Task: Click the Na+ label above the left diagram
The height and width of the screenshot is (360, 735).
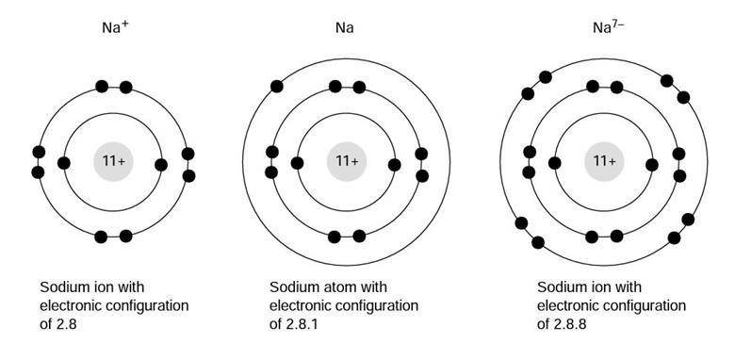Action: [x=116, y=27]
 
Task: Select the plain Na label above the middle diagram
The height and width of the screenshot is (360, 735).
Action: [x=345, y=28]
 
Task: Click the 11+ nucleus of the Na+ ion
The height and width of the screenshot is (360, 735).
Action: [x=113, y=162]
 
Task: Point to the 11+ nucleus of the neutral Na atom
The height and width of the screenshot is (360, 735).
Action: [x=346, y=162]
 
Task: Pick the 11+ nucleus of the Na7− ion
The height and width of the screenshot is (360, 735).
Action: [x=604, y=162]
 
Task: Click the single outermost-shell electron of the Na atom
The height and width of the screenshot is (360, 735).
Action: [x=277, y=87]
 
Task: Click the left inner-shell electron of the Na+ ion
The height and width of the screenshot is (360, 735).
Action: [x=64, y=163]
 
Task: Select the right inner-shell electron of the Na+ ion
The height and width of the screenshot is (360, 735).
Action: [x=161, y=165]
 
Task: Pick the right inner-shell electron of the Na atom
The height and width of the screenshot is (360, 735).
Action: [x=394, y=165]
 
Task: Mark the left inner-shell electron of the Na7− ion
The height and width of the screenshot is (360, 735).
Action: [x=555, y=163]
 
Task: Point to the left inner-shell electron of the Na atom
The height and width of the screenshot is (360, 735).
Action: [x=298, y=163]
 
